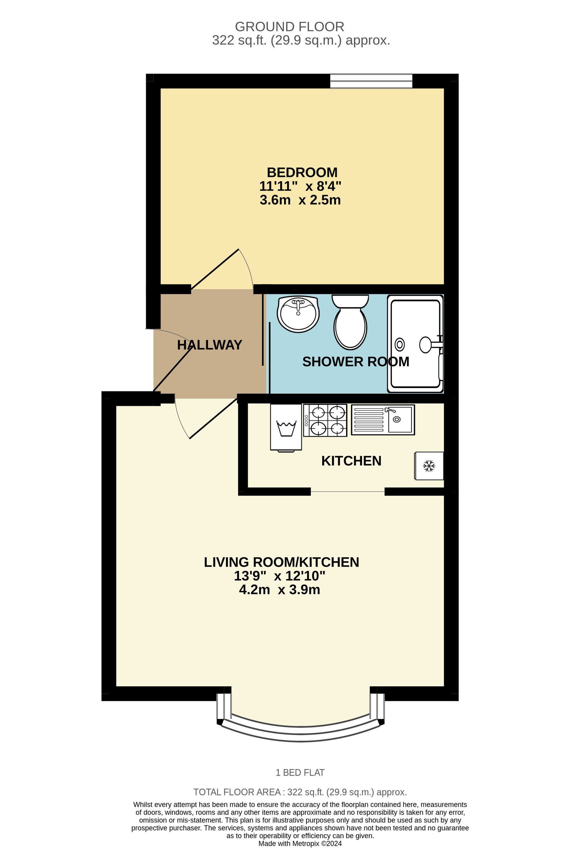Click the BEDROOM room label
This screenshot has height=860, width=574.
pyautogui.click(x=302, y=172)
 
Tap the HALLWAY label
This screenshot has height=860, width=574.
pyautogui.click(x=210, y=345)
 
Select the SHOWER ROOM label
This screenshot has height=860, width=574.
pyautogui.click(x=355, y=362)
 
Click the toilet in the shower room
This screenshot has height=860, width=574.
pyautogui.click(x=350, y=322)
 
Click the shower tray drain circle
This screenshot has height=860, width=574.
pyautogui.click(x=400, y=344)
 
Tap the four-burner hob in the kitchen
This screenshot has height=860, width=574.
pyautogui.click(x=325, y=420)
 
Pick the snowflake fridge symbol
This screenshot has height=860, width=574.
pyautogui.click(x=429, y=466)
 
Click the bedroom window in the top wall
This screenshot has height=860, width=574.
pyautogui.click(x=371, y=81)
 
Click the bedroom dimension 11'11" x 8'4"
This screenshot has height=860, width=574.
pyautogui.click(x=300, y=186)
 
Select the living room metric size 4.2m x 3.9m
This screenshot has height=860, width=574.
pyautogui.click(x=279, y=590)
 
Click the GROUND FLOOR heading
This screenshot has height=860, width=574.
pyautogui.click(x=289, y=27)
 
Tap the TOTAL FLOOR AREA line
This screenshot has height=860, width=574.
pyautogui.click(x=300, y=792)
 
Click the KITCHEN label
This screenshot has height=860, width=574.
pyautogui.click(x=351, y=461)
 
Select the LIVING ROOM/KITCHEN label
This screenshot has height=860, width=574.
pyautogui.click(x=281, y=562)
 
